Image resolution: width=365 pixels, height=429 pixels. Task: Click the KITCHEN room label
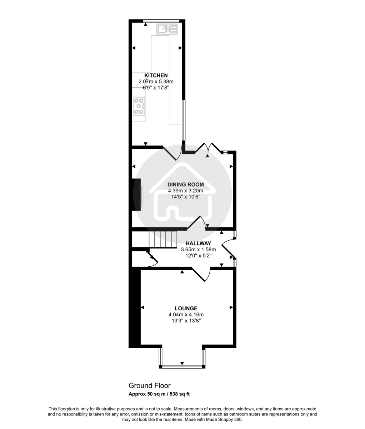[x=156, y=75]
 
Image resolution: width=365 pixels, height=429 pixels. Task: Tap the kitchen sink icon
[x=167, y=29]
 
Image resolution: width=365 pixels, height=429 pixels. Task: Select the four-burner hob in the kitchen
[x=139, y=106]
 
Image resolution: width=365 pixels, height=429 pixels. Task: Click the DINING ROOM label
[x=186, y=184]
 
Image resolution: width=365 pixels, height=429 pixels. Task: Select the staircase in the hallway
[x=163, y=240]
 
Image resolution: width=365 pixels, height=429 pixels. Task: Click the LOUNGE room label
[x=186, y=308]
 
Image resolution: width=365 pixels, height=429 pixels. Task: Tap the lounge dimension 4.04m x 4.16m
[x=186, y=315]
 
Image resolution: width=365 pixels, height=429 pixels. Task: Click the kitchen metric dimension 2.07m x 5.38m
[x=156, y=82]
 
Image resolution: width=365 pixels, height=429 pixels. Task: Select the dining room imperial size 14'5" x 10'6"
[x=186, y=197]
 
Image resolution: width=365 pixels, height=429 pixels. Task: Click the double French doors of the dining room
[x=208, y=147]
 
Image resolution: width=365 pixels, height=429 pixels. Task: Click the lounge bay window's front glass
[x=182, y=366]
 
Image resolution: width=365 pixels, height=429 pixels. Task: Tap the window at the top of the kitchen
[x=161, y=20]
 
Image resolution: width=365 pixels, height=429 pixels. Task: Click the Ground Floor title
[x=149, y=385]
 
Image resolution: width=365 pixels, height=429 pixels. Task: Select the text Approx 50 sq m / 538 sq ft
[x=159, y=394]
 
